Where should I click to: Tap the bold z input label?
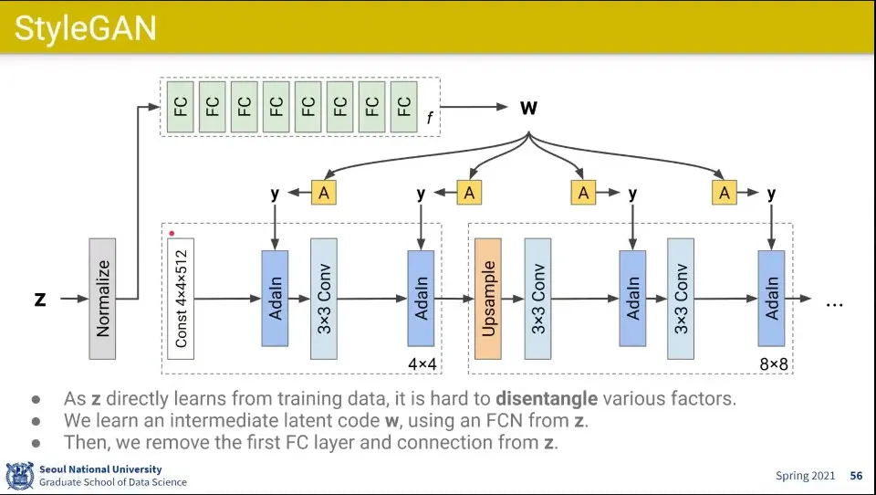tap(40, 299)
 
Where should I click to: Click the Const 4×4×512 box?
tap(181, 299)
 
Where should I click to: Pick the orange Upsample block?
tap(488, 299)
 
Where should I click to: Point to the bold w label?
tap(528, 108)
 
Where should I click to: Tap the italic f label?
tap(429, 118)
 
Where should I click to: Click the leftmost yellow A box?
tap(323, 193)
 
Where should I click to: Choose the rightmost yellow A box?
tap(725, 193)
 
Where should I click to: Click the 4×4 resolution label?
tap(422, 364)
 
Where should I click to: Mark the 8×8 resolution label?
tap(773, 364)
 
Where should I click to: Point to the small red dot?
tap(172, 234)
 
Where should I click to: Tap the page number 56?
tap(856, 476)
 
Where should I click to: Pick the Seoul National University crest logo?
tap(19, 476)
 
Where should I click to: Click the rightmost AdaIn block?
tap(771, 299)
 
